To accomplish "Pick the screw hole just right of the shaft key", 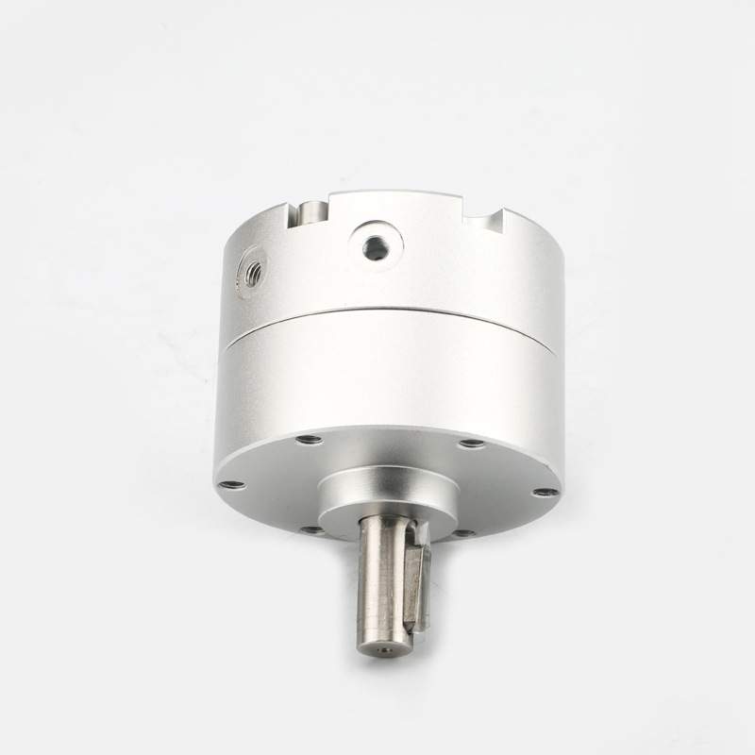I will tap(462, 533).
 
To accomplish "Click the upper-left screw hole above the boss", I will tap(307, 439).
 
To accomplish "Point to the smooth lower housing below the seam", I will tap(396, 377).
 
